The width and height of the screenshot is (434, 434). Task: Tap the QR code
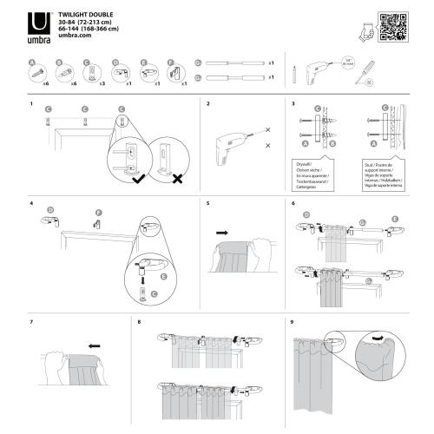395,28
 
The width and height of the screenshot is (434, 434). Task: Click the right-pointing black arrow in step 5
224,233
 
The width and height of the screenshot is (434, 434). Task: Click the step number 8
140,322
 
